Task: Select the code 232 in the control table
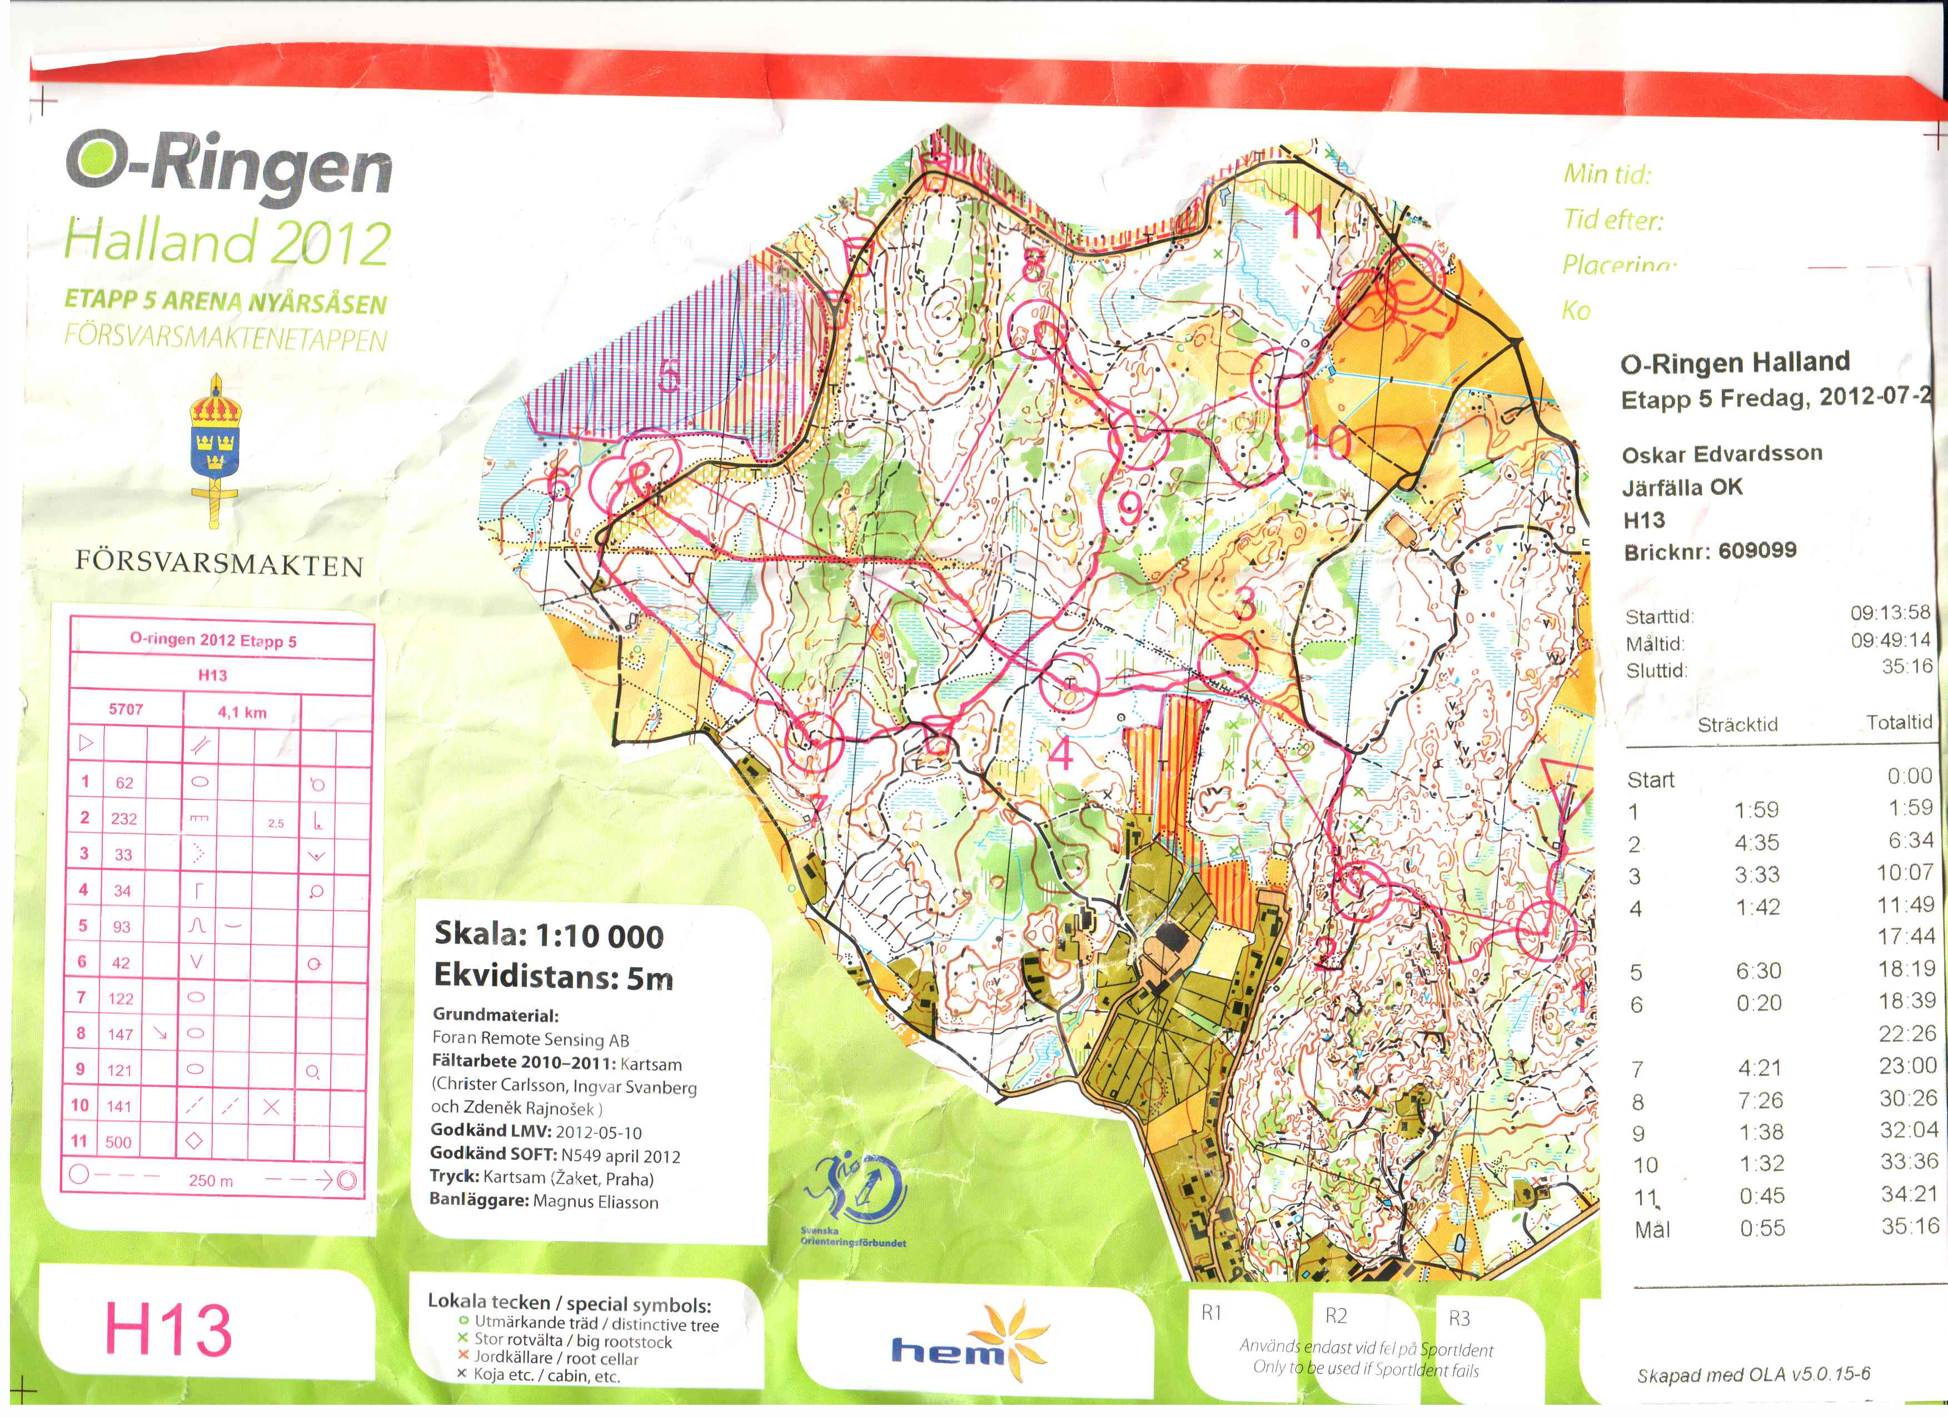(x=124, y=819)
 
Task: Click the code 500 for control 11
(x=118, y=1142)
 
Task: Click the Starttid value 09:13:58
(x=1890, y=612)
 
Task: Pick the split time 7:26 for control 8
(x=1758, y=1100)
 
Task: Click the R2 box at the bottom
(x=1337, y=1316)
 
